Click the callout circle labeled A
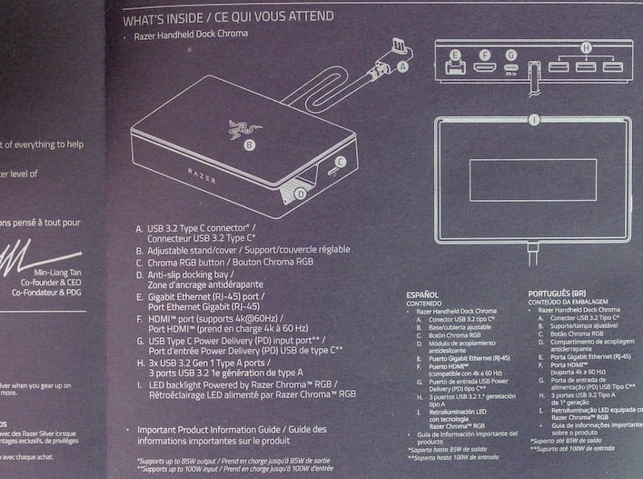tap(404, 65)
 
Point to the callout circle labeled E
tap(455, 55)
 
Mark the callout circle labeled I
tap(534, 119)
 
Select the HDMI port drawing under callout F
tap(485, 68)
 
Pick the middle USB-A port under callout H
tap(585, 68)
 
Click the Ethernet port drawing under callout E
tap(454, 69)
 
